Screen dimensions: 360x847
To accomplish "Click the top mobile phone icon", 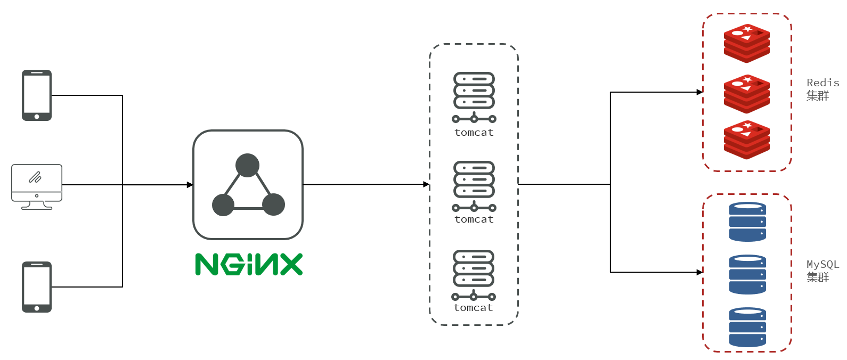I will pos(37,95).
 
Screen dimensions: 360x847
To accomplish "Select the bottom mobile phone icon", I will pos(37,287).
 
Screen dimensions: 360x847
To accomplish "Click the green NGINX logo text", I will pos(249,264).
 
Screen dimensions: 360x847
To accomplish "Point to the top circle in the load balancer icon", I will pos(247,166).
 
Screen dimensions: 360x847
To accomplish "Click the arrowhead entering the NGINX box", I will pos(190,185).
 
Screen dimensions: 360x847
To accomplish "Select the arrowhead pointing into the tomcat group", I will pos(426,184).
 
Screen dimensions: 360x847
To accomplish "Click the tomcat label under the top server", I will pos(474,133).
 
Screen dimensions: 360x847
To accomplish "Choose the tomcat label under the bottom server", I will pos(474,308).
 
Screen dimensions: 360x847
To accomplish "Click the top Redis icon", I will pos(747,43).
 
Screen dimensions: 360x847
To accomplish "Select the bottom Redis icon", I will pos(747,140).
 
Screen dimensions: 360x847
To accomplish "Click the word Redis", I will pos(822,83).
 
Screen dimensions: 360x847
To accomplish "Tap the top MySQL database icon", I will pos(747,222).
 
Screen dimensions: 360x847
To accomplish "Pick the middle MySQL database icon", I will pos(747,274).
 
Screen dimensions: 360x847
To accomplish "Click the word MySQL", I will pos(822,265).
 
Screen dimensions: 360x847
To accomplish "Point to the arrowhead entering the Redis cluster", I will pos(700,92).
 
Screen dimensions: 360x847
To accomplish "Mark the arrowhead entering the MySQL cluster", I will pos(700,272).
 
